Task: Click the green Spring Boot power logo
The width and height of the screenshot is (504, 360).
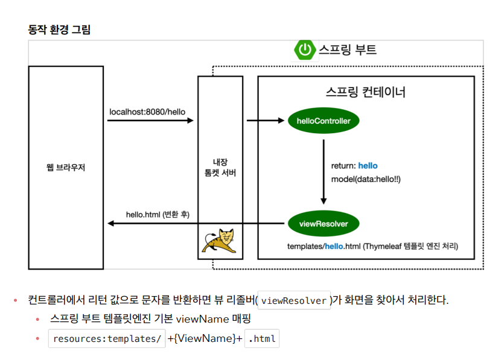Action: (x=305, y=49)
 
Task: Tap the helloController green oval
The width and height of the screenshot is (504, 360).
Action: (x=324, y=121)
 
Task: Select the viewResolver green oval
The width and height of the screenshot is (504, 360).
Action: (x=324, y=224)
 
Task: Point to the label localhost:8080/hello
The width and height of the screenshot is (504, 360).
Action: (x=147, y=112)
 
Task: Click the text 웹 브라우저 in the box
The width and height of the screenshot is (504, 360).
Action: (x=66, y=167)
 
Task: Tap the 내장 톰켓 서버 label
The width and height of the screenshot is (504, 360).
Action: (x=220, y=167)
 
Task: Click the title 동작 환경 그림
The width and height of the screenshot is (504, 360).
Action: (x=59, y=29)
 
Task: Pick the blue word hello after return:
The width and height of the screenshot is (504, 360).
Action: (x=368, y=165)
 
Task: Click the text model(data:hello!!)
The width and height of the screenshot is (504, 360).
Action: (x=366, y=179)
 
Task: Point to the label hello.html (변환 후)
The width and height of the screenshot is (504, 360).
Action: (x=158, y=214)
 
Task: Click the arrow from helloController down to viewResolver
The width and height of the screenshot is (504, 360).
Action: (x=324, y=172)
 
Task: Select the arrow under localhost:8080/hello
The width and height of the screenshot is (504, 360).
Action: (x=150, y=121)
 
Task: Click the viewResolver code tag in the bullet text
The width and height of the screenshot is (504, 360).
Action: (x=295, y=300)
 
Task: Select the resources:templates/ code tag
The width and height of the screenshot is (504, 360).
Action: (x=106, y=339)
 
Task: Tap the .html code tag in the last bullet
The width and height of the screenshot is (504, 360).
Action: (x=262, y=339)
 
